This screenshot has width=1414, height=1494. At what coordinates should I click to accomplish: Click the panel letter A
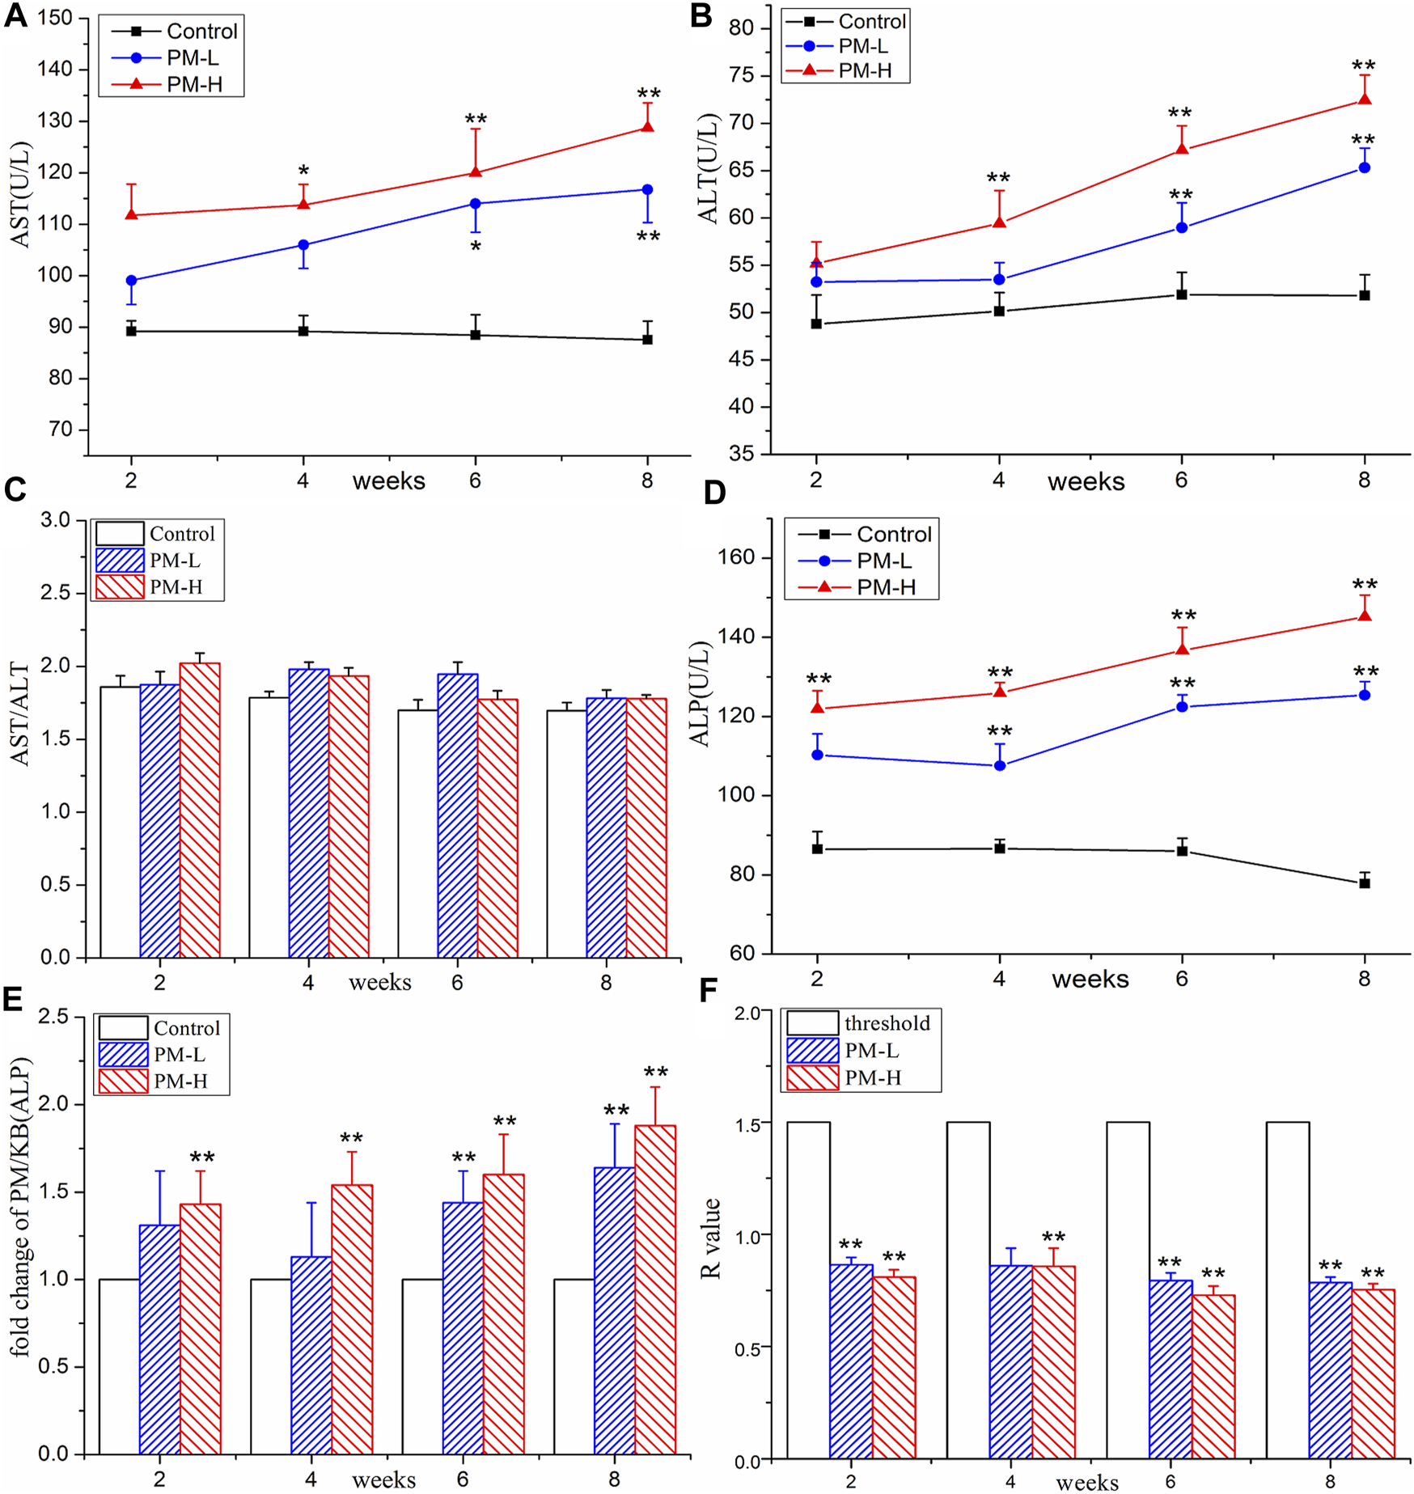pos(15,16)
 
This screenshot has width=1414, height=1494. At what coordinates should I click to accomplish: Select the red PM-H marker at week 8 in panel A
pos(647,126)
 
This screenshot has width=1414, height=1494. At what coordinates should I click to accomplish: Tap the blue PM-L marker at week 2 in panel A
pos(132,281)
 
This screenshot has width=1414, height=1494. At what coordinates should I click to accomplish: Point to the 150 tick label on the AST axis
pos(55,18)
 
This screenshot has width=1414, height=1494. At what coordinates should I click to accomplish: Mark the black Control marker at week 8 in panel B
pos(1365,295)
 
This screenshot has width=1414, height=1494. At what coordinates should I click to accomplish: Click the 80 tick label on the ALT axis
pos(741,28)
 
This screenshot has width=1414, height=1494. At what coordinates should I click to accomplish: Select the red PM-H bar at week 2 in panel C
pos(200,809)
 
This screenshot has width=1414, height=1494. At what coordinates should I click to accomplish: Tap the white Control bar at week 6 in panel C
pos(417,833)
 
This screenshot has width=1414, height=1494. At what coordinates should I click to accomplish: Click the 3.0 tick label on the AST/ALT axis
pos(55,520)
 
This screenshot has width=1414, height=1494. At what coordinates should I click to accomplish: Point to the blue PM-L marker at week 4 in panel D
pos(1000,765)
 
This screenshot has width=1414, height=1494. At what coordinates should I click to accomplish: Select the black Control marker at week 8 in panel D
pos(1365,883)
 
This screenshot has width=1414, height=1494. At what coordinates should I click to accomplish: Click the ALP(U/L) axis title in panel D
pos(699,694)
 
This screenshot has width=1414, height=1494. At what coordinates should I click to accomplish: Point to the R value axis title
pos(711,1238)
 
